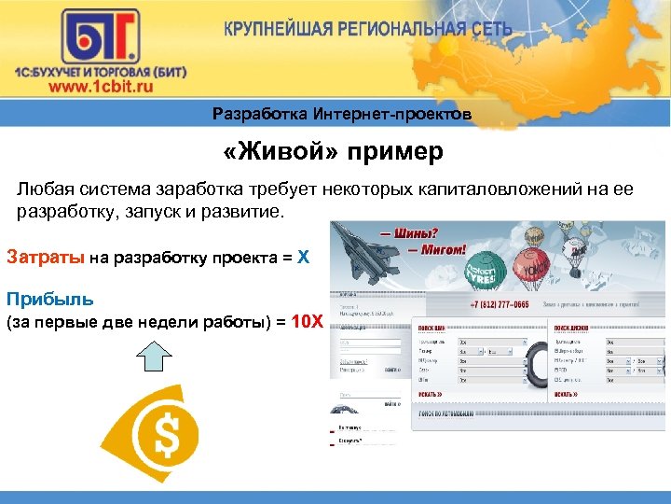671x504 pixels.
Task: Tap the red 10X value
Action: coord(306,323)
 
